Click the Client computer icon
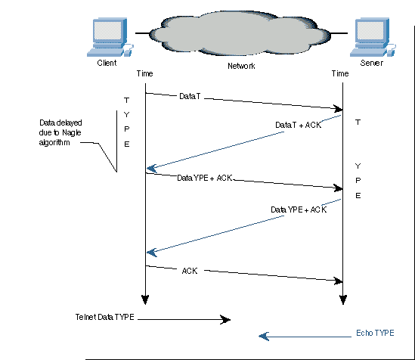(x=110, y=37)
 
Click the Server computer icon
(x=373, y=37)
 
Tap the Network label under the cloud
(x=241, y=66)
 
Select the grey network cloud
(x=240, y=33)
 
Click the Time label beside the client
(x=144, y=73)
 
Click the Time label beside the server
(x=340, y=73)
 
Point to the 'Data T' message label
(x=190, y=96)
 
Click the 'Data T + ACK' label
(x=299, y=125)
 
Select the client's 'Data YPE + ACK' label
(x=205, y=178)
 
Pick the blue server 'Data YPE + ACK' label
(x=299, y=209)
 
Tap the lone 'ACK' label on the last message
(x=190, y=271)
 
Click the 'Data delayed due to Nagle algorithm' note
(x=60, y=132)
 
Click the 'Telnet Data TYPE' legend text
(x=105, y=317)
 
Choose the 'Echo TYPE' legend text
(x=375, y=333)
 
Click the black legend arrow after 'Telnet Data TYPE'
(x=184, y=319)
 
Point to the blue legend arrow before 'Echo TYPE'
(x=305, y=337)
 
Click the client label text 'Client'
(x=107, y=63)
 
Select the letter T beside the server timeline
(x=358, y=123)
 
